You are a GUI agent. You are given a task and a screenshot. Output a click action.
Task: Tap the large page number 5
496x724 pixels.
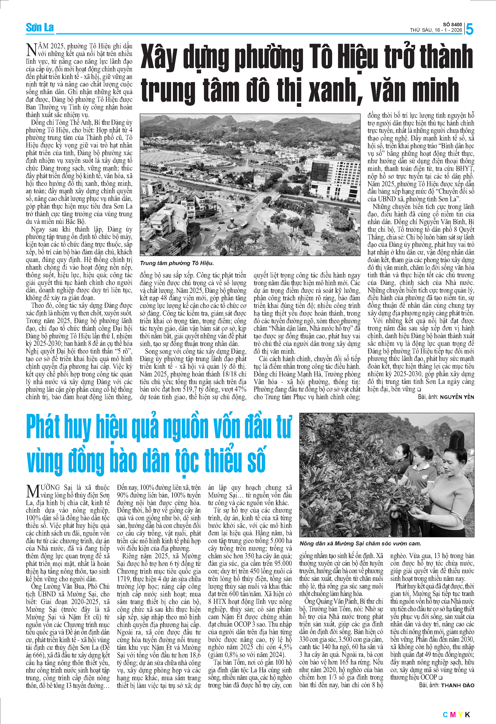pos(469,29)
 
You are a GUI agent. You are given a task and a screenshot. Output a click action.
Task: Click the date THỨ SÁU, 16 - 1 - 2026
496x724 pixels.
pos(436,30)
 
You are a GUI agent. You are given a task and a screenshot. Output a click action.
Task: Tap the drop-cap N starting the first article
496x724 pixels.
pos(32,50)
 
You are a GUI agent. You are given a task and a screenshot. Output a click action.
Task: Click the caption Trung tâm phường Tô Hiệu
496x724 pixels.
pos(177,263)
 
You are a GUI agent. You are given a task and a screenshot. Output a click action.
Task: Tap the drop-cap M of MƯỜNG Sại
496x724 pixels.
pos(33,492)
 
